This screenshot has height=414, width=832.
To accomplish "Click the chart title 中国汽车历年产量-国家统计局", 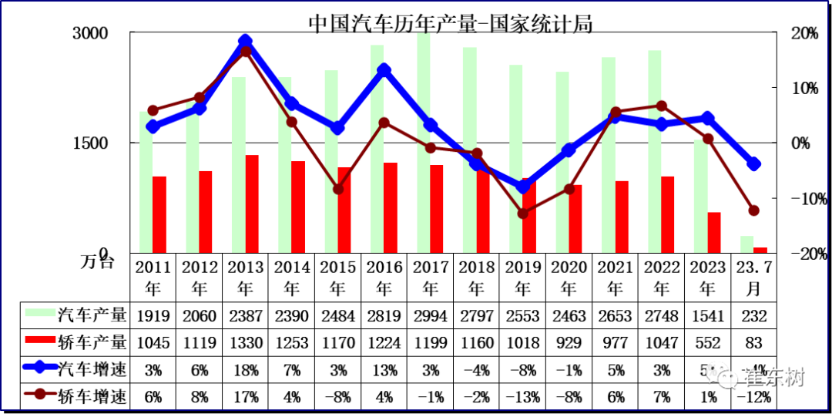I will click(x=451, y=23).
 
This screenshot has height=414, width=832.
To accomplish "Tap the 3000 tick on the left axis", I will click(x=91, y=33).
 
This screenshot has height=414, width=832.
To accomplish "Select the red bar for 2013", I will click(x=252, y=204).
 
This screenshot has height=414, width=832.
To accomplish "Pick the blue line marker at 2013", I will click(x=245, y=42).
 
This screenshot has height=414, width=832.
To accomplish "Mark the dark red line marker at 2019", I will click(x=523, y=213).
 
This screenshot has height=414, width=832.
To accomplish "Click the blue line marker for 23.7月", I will click(x=754, y=163).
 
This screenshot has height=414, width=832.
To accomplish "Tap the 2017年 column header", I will click(x=431, y=278).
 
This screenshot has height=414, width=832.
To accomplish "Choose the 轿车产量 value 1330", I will click(x=245, y=343).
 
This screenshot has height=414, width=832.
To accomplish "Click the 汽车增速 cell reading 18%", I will click(x=245, y=370).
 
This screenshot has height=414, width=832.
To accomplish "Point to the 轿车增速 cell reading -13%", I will click(x=523, y=397).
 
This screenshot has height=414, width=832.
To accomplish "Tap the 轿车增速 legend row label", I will click(x=92, y=397).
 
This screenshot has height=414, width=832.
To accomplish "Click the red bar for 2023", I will click(x=714, y=232).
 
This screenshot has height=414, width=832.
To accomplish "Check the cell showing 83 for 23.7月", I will click(x=754, y=343).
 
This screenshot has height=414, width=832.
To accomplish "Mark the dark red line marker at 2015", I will click(x=338, y=189).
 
